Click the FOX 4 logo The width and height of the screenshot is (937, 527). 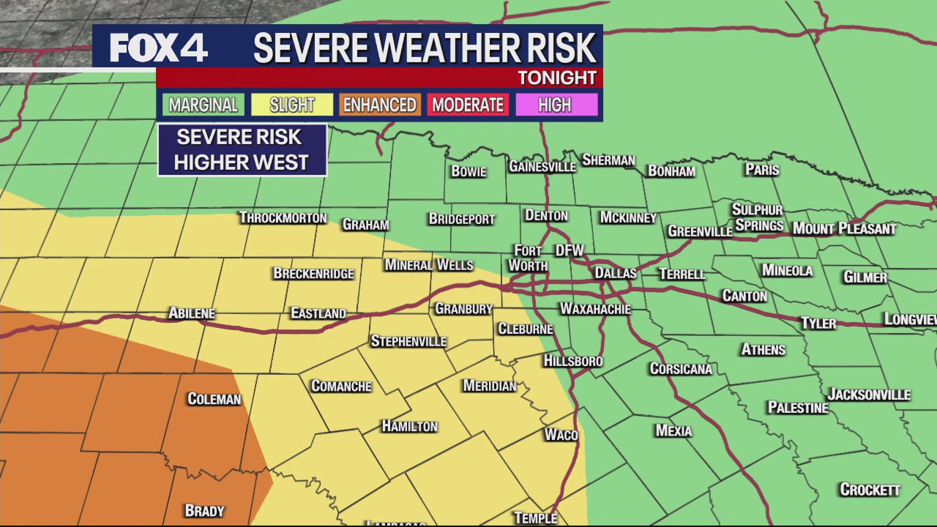coord(158,48)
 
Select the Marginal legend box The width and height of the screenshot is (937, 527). coord(204,105)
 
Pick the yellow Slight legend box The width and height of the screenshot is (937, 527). coord(292,105)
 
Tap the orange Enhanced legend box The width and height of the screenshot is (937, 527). coord(379,105)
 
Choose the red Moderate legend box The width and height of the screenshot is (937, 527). coord(468,105)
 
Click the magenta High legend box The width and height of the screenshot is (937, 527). coord(555,105)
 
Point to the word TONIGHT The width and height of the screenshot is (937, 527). coord(557,78)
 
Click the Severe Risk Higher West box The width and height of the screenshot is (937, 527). coord(242,150)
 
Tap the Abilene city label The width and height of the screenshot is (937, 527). coord(192,313)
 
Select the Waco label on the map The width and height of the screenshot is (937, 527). coord(561,435)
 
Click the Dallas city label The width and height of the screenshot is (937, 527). coord(615,273)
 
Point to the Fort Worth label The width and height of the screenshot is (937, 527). coord(528,258)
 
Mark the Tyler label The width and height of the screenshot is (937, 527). coord(818,323)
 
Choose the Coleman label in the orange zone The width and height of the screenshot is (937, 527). coord(214,399)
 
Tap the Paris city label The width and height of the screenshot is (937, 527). coord(762,170)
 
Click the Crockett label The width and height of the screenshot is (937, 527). coord(870,490)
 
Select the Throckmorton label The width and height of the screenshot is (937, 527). coord(283,218)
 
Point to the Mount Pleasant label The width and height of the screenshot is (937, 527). coord(844,228)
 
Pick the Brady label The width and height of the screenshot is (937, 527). coord(204,511)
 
